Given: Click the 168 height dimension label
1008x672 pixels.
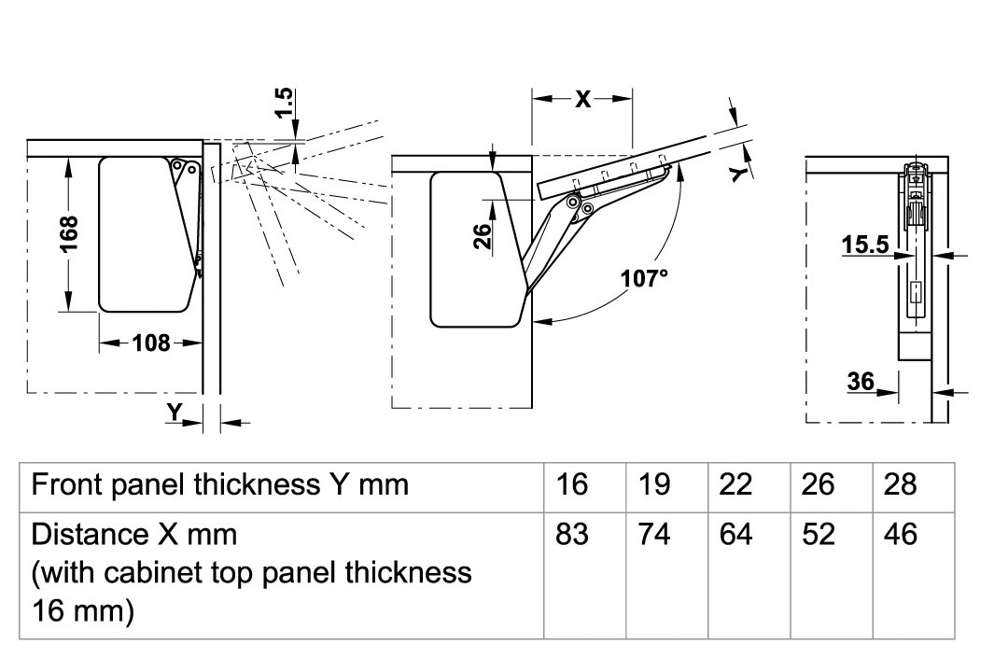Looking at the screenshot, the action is click(69, 234).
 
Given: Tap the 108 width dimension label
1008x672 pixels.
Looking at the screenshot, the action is click(151, 343).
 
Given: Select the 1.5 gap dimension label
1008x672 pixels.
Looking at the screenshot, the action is click(284, 103).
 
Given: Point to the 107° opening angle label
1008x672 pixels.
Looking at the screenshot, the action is click(643, 278).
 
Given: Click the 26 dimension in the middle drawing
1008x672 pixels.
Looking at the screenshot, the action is click(483, 236).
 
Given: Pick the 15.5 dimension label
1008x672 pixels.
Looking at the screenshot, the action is click(864, 245).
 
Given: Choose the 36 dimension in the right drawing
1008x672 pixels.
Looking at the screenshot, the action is click(861, 382).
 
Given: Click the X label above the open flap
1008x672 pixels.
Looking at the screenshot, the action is click(582, 99).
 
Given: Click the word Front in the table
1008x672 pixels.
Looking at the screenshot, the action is click(67, 484).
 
